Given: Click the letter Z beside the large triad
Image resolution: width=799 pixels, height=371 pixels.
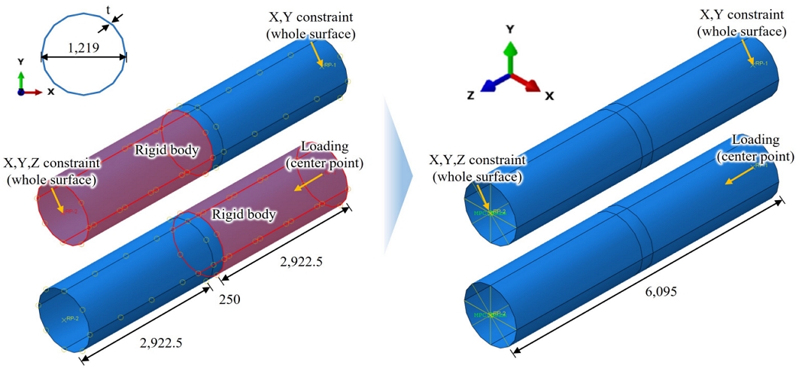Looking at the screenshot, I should [471, 96].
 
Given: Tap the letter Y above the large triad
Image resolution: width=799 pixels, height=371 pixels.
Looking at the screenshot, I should [510, 29].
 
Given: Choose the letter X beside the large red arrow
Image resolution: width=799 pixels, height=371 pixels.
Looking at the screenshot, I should [549, 96].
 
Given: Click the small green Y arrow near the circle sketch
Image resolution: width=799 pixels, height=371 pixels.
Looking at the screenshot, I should [21, 81].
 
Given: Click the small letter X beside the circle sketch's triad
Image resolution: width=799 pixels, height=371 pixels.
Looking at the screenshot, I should [50, 92].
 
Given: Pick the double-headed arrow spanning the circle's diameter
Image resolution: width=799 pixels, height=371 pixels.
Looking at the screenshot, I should [83, 56].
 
